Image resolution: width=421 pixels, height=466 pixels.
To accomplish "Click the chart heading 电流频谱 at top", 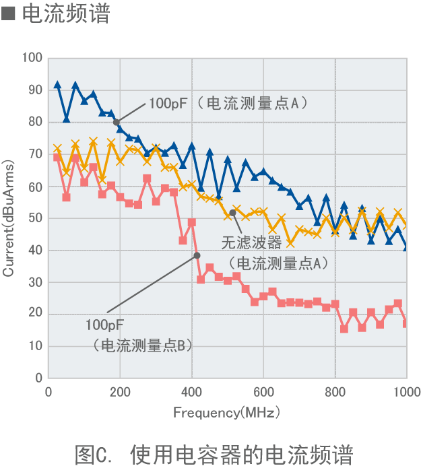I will [x=65, y=14].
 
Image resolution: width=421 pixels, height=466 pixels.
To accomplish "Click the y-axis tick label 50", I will [x=35, y=218].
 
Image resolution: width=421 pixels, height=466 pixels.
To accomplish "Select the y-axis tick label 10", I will [x=35, y=346].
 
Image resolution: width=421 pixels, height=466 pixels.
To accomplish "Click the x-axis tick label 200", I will [x=120, y=393].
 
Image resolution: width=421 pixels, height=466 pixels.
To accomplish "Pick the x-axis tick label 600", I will [x=263, y=393].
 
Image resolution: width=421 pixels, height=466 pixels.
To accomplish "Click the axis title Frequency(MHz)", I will [x=226, y=412].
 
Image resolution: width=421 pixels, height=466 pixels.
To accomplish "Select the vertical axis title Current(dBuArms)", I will [x=9, y=218].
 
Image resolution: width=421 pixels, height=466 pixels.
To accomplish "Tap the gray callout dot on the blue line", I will [x=117, y=122].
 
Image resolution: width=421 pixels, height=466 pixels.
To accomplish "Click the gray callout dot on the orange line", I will [x=232, y=213].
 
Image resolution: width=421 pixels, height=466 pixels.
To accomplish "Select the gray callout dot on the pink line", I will [x=197, y=255].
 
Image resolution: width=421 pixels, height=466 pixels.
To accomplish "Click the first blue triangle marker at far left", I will [x=57, y=85].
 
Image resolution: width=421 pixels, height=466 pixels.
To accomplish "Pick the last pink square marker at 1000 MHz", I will [x=406, y=324].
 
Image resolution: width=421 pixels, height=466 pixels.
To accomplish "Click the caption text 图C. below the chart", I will [x=96, y=452].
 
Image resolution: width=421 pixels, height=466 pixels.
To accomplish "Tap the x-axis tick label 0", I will [x=48, y=393].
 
